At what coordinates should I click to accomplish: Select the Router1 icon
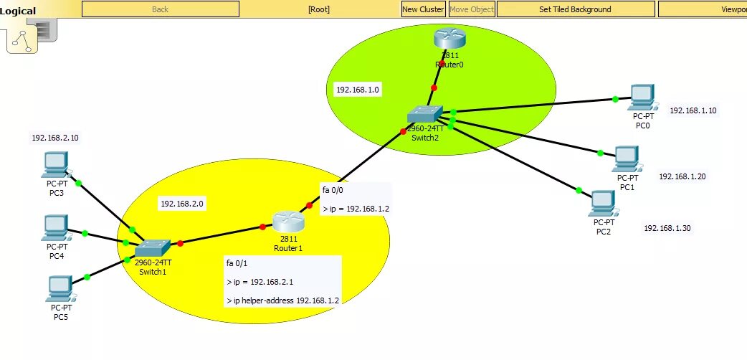click(288, 222)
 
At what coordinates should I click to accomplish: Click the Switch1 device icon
click(153, 247)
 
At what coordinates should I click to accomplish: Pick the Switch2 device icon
click(425, 115)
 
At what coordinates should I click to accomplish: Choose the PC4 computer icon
click(55, 228)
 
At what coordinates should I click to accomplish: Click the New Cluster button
click(423, 9)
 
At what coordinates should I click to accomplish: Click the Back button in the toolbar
click(161, 9)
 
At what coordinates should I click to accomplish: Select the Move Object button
click(471, 9)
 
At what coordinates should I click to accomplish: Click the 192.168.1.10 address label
click(693, 110)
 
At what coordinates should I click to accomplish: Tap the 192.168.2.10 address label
click(54, 137)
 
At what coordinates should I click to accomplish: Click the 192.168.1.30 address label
click(667, 228)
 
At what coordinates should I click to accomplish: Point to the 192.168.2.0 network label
click(182, 204)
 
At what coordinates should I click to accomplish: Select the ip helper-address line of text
click(282, 300)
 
